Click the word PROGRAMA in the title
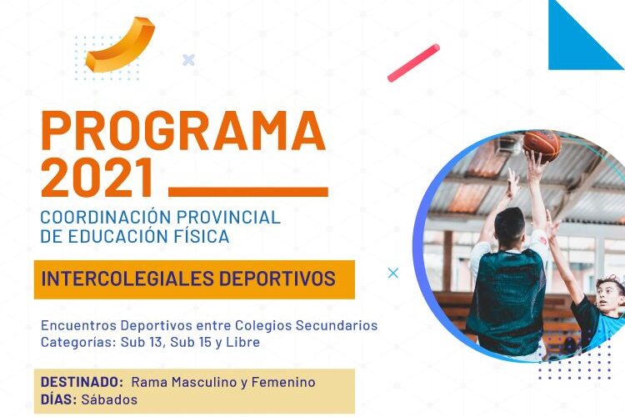point(183,130)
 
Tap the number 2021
point(97,178)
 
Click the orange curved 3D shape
point(119,45)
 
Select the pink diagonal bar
point(413,63)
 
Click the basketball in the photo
point(542,144)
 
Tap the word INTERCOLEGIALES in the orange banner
point(128,279)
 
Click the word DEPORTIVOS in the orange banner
point(277,279)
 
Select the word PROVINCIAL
point(228,218)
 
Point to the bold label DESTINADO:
point(82,382)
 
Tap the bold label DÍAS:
point(58,399)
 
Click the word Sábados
point(109,399)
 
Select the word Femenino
point(283,382)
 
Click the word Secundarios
point(337,325)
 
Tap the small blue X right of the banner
point(393,274)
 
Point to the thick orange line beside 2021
point(248,192)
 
